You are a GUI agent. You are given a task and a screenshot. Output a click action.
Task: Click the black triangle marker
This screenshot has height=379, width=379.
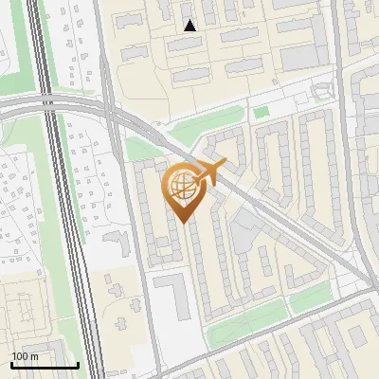coord(190,26)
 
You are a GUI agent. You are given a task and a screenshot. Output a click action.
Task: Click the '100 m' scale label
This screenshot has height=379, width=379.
coord(25,356)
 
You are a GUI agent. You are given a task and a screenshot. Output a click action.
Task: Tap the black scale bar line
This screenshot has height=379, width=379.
coord(44,365)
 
